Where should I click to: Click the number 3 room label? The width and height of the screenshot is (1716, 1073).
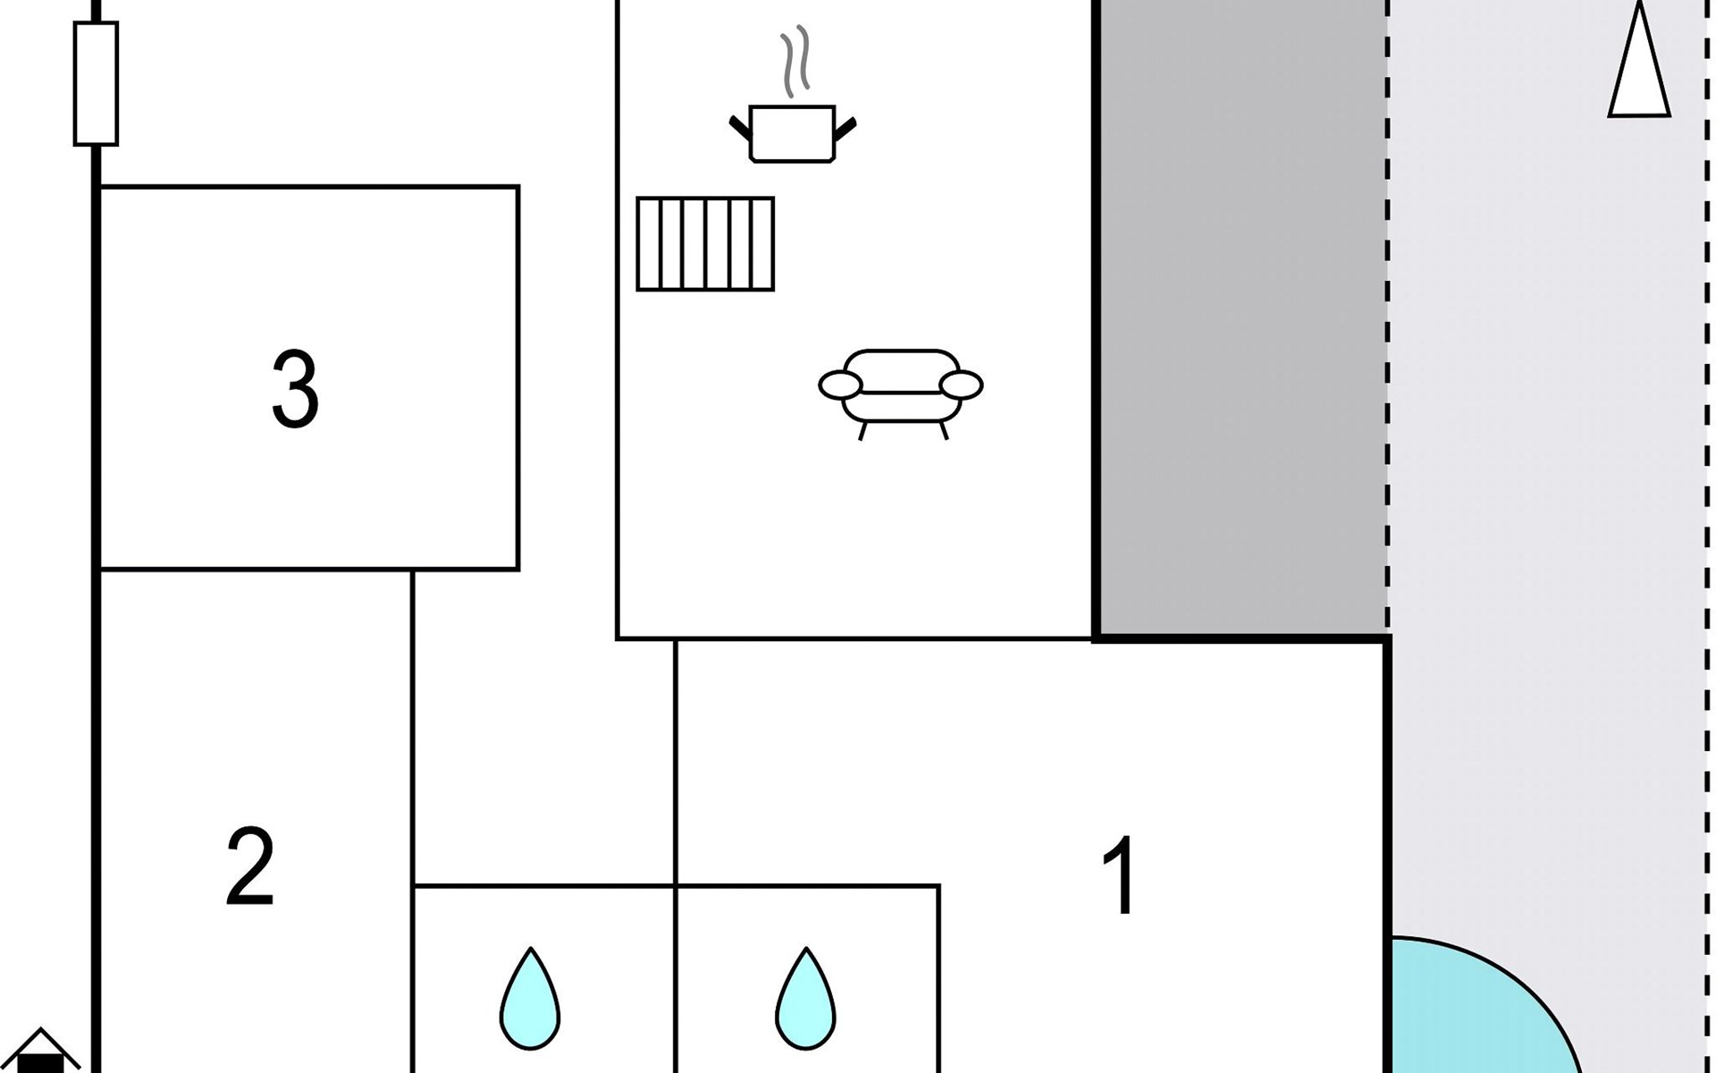coord(295,389)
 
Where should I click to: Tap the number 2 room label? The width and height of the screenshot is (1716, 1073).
coord(250,866)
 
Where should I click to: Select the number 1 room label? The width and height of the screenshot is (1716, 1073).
coord(1120,875)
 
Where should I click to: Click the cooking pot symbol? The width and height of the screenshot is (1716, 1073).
coord(793,133)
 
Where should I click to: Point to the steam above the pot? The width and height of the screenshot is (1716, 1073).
coord(796,61)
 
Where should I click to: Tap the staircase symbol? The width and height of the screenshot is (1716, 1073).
coord(705,244)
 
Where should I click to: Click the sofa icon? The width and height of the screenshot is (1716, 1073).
coord(901,394)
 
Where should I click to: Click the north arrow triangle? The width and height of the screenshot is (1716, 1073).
coord(1639,61)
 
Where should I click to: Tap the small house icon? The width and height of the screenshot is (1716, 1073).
coord(40,1052)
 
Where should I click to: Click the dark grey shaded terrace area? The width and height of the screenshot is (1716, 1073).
coord(1242,317)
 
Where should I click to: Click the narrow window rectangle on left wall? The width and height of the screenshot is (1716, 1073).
coord(96,83)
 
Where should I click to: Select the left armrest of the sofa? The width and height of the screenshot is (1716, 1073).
coord(841,385)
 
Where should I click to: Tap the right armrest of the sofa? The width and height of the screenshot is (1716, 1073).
coord(962,385)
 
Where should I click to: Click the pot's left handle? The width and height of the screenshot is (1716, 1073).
coord(741,129)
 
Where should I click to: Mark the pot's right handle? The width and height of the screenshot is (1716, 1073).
coord(845,129)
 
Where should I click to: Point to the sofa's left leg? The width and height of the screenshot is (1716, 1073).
coord(862,431)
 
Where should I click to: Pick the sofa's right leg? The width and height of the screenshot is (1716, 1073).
coord(944,431)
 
